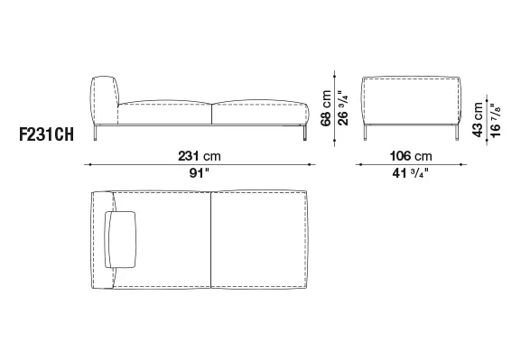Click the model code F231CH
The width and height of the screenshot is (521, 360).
click(x=47, y=134)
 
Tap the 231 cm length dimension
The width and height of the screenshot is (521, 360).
click(x=200, y=156)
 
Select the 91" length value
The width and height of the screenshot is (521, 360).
click(x=200, y=173)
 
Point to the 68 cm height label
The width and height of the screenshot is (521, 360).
click(x=326, y=108)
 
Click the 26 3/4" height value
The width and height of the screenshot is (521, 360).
click(x=343, y=108)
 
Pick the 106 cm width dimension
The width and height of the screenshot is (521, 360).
click(x=411, y=156)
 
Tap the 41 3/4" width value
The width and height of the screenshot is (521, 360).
click(x=411, y=173)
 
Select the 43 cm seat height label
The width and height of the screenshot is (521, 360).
click(x=477, y=120)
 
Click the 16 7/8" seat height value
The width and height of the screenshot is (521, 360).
click(x=495, y=120)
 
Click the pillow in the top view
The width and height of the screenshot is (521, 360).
click(x=120, y=239)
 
